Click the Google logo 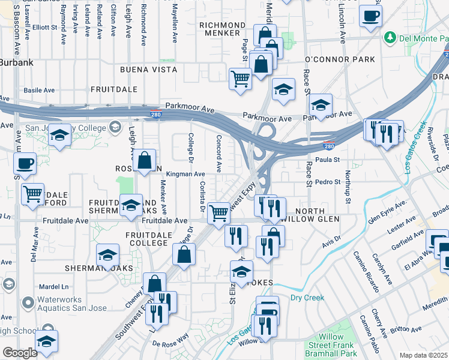pos(20,353)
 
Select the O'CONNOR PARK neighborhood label pos(340,59)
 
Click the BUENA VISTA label pos(148,70)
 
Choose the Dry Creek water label pos(307,298)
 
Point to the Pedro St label pos(328,182)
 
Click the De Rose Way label pos(171,344)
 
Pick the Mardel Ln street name pos(52,286)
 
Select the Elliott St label pos(44,27)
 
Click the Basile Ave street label pos(39,91)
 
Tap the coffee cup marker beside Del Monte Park pos(370,16)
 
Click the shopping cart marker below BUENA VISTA pos(240,79)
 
